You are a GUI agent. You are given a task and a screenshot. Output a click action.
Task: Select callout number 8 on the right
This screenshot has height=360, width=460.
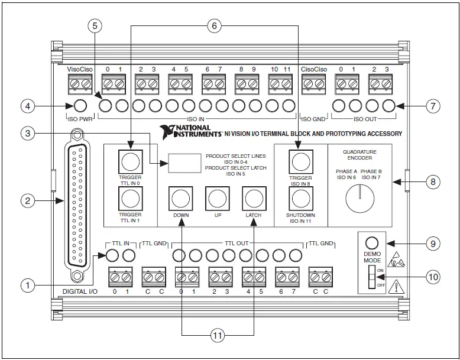pos(433,182)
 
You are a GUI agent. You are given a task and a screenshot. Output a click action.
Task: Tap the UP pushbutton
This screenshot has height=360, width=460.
pos(217,197)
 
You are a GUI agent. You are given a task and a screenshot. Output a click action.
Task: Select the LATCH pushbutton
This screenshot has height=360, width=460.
pos(254,197)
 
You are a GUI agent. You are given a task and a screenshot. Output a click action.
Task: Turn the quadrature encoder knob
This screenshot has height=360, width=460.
pos(359,198)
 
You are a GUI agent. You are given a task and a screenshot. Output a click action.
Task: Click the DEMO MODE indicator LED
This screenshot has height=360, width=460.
pos(371,242)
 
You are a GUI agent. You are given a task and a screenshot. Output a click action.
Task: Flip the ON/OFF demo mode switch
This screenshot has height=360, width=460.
pos(371,276)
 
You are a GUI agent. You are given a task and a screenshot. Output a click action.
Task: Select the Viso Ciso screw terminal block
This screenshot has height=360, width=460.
pos(79,85)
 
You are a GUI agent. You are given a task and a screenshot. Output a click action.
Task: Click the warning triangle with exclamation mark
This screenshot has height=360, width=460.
pos(397,287)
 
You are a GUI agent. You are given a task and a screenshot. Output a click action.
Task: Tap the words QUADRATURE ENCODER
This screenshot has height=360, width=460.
pos(359,155)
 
